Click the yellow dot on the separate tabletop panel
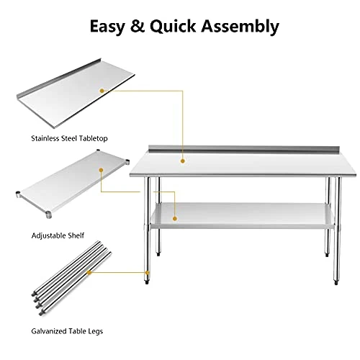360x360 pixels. [x=102, y=90]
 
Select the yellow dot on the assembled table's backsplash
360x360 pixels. [x=182, y=150]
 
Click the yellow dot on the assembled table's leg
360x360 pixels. [x=148, y=273]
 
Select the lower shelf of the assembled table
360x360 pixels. [x=238, y=212]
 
